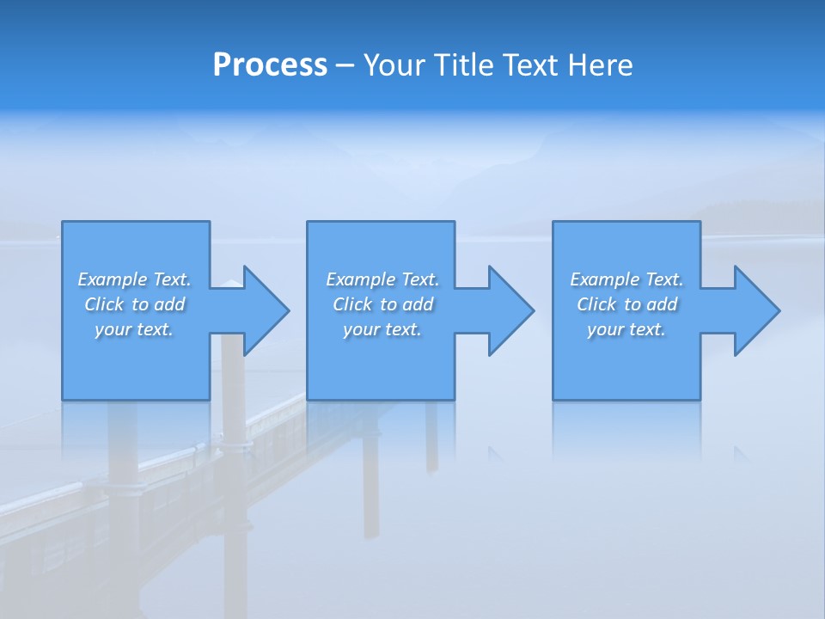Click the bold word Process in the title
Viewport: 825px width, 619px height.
[x=270, y=65]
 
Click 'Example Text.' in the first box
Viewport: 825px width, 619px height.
[x=134, y=279]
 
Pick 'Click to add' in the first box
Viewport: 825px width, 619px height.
[x=134, y=304]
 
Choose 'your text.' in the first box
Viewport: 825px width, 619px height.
[x=134, y=329]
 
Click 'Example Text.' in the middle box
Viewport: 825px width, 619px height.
[x=382, y=279]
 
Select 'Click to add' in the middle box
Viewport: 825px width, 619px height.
[x=382, y=304]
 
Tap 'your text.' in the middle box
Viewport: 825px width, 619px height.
[x=382, y=329]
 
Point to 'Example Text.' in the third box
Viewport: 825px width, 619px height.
[x=626, y=279]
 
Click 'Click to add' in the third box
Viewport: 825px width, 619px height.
[x=626, y=304]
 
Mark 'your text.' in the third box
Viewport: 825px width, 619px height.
[x=626, y=329]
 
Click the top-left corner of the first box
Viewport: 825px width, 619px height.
[x=63, y=222]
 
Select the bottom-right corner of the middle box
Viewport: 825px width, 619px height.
[x=454, y=399]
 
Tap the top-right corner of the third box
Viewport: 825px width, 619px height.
[x=700, y=222]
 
